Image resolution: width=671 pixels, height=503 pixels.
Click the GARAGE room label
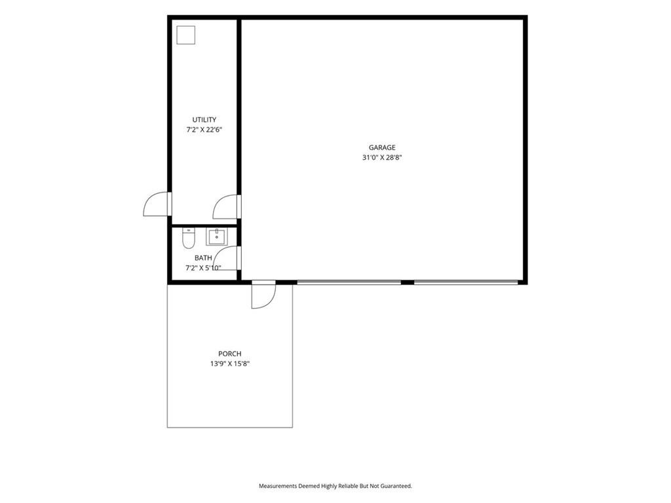click(x=382, y=147)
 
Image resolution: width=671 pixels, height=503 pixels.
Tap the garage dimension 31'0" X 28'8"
click(x=382, y=157)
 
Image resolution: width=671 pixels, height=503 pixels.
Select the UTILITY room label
click(x=204, y=120)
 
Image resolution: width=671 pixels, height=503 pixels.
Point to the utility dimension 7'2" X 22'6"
click(x=204, y=130)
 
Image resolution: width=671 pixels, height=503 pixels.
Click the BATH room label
click(x=203, y=258)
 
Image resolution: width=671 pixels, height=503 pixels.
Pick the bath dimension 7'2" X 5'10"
click(x=203, y=268)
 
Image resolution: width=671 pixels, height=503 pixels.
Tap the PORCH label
click(x=230, y=354)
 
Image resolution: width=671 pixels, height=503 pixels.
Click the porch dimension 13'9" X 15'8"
click(x=230, y=364)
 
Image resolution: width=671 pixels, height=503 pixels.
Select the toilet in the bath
click(x=189, y=238)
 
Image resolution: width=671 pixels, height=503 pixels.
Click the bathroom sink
click(x=217, y=237)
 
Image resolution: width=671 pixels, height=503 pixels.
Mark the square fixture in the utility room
click(x=185, y=35)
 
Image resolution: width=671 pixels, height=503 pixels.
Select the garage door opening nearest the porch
click(x=349, y=282)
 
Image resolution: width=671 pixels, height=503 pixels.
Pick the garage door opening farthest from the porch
click(x=466, y=282)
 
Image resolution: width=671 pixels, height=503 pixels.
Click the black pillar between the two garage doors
click(x=408, y=282)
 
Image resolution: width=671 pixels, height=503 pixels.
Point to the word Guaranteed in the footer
click(x=398, y=486)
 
